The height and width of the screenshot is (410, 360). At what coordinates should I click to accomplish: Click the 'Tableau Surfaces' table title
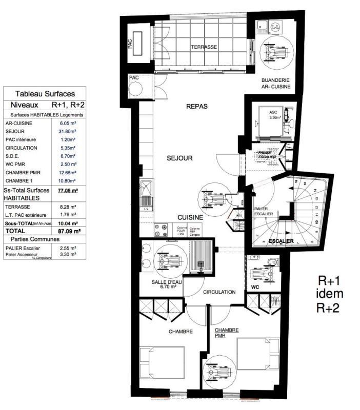pyautogui.click(x=45, y=94)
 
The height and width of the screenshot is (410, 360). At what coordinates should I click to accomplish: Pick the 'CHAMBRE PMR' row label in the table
pyautogui.click(x=23, y=173)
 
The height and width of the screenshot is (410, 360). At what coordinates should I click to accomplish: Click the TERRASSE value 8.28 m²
pyautogui.click(x=67, y=207)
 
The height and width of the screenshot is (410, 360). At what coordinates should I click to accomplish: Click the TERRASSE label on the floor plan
pyautogui.click(x=204, y=47)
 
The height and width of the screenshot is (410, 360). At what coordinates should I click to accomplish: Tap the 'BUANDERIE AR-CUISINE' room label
pyautogui.click(x=275, y=84)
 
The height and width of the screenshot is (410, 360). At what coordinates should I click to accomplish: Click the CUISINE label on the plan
pyautogui.click(x=191, y=217)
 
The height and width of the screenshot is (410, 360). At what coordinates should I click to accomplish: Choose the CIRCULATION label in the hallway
pyautogui.click(x=219, y=292)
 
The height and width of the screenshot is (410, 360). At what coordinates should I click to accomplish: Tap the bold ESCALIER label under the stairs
pyautogui.click(x=281, y=241)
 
